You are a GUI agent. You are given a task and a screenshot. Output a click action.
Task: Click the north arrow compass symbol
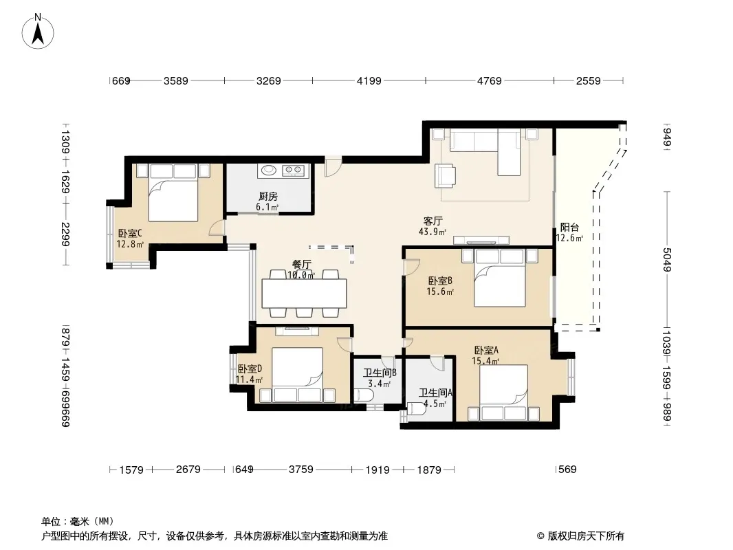[38, 31]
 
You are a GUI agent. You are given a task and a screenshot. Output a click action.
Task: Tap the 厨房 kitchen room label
[268, 197]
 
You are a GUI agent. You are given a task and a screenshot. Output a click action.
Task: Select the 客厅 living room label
[433, 221]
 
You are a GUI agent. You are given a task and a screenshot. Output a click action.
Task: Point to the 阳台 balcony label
[569, 228]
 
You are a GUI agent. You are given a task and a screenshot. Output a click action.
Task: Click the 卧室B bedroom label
[440, 280]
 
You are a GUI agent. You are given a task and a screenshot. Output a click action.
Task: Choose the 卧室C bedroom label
[130, 233]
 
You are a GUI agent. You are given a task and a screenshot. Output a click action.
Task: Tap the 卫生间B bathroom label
[380, 373]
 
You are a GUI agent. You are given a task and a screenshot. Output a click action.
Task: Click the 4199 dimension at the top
[369, 81]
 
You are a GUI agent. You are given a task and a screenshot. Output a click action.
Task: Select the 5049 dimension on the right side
[666, 260]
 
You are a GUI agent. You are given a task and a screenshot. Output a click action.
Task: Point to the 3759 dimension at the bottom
[300, 469]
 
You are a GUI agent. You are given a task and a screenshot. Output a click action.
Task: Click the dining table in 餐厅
[305, 293]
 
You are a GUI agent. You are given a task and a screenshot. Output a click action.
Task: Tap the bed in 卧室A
[504, 393]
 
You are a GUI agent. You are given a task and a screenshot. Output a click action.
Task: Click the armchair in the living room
[445, 175]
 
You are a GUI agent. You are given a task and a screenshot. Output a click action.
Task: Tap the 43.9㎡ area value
[433, 232]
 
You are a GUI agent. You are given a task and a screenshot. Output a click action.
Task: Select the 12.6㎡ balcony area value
[569, 239]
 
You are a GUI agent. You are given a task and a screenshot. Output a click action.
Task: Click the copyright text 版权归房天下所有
[586, 536]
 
